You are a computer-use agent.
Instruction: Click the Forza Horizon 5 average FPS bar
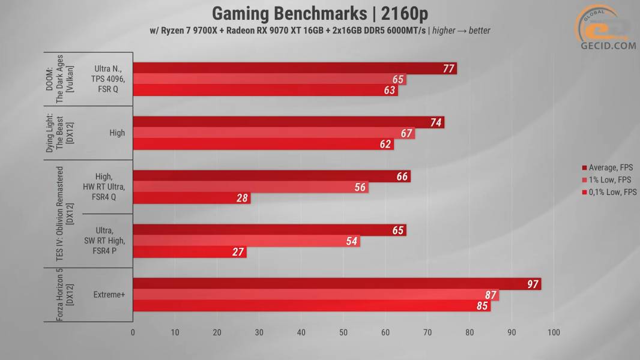[336, 284]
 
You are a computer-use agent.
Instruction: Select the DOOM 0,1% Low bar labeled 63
[265, 91]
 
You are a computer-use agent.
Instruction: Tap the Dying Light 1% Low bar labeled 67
[273, 133]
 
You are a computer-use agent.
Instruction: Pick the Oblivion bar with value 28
[191, 198]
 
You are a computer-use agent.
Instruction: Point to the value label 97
[533, 284]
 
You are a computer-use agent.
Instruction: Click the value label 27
[238, 252]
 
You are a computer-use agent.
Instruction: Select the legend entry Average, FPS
[609, 167]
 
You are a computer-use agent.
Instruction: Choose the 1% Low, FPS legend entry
[609, 180]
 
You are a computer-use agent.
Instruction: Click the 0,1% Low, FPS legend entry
[610, 193]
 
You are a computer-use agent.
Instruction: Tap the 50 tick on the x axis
[343, 332]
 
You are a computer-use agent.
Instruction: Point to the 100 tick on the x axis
[554, 332]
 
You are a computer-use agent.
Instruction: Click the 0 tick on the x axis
[133, 332]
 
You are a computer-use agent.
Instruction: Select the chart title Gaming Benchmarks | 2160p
[320, 13]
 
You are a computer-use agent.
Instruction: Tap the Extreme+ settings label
[109, 295]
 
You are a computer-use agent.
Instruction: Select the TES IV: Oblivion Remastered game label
[63, 214]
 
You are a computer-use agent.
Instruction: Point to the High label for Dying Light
[117, 133]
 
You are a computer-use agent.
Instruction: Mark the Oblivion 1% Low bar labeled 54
[246, 241]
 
